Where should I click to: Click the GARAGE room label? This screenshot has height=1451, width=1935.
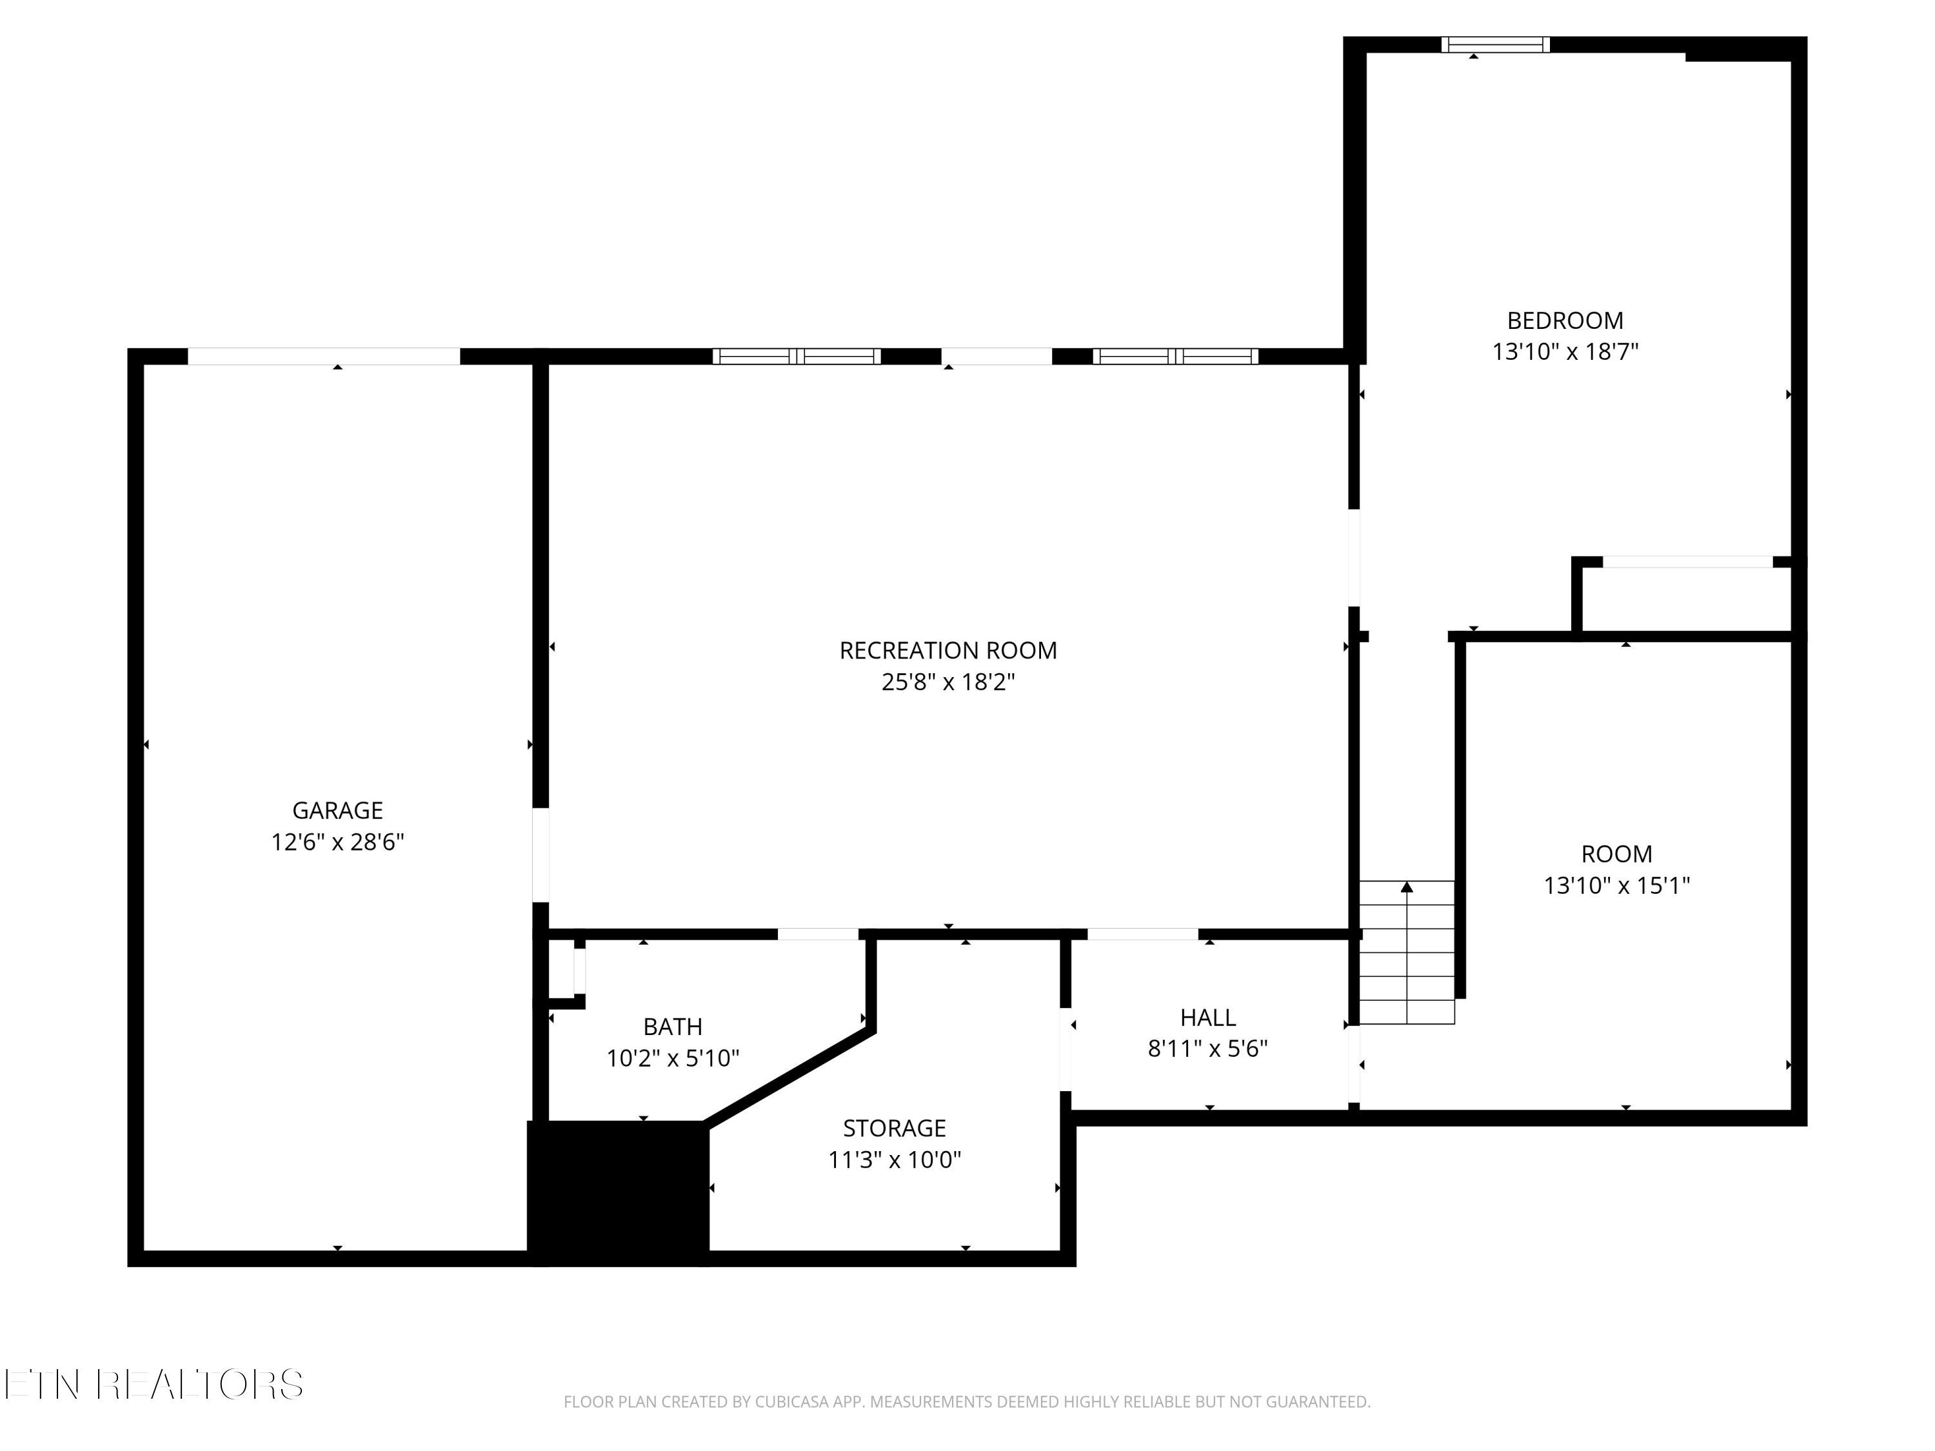(338, 810)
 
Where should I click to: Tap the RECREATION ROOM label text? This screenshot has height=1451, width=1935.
(948, 650)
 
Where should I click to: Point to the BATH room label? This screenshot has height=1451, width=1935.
(673, 1026)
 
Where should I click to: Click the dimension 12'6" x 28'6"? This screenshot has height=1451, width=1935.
(338, 842)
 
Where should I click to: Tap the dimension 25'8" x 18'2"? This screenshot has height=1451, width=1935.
(948, 682)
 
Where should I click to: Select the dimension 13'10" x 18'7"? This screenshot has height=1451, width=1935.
(1565, 351)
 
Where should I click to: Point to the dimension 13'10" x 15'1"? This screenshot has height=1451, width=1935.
(1616, 885)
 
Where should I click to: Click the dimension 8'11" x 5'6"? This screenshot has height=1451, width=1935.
(1208, 1048)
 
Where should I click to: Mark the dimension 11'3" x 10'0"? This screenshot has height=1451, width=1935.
(894, 1159)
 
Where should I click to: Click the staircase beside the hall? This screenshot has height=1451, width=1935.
(1407, 952)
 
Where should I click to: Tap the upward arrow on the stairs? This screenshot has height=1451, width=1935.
(1407, 887)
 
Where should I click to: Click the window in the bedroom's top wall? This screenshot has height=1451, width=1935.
(1496, 44)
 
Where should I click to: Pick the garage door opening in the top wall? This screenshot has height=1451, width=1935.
(324, 356)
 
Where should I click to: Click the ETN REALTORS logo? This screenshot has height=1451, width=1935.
(154, 1384)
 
